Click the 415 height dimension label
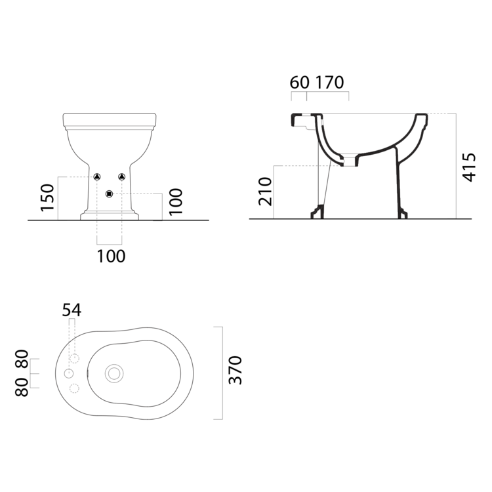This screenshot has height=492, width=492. click(470, 167)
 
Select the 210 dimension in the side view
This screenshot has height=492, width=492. click(265, 192)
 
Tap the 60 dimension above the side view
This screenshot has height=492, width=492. click(299, 83)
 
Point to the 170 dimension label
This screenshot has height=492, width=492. click(329, 83)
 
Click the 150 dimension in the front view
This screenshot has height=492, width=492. click(47, 197)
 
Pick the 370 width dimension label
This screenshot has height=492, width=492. click(236, 370)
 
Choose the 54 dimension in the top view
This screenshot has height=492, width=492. click(72, 310)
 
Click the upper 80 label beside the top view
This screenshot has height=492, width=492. click(22, 359)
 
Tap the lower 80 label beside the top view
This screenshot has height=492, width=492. click(22, 387)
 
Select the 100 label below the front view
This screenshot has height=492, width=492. click(111, 256)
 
